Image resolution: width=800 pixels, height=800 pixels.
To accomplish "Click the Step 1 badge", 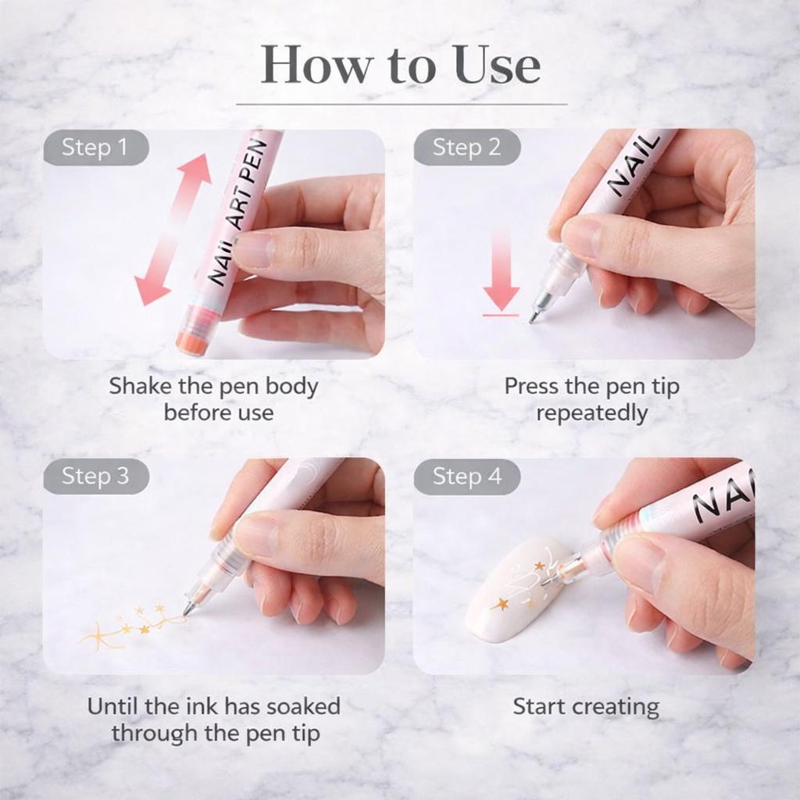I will point(95,148).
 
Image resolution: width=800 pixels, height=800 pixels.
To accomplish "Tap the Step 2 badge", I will point(466,148).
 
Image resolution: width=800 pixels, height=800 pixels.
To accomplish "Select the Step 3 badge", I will point(95,476).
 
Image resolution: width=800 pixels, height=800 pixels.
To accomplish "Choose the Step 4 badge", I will point(466,476).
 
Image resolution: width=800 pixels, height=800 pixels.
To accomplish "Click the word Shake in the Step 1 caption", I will point(138,386).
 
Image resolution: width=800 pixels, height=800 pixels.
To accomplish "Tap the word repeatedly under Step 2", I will point(591,412).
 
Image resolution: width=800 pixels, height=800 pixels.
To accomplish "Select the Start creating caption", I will point(585,707).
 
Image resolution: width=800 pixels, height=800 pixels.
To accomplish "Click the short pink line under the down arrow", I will point(500,315).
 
